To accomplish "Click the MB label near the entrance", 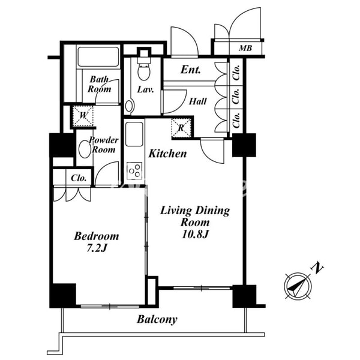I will pos(245,48).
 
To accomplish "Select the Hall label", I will pos(197,102).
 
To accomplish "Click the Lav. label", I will pos(145,90).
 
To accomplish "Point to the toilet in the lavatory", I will pos(144,70).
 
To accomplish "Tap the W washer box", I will pos(83,115).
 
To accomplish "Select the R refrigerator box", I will pos(181,127).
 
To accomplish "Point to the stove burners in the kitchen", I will pos(134,170).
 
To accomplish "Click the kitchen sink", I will pos(134,132).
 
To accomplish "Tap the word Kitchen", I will pos(167,154).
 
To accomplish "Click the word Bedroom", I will pos(96,236).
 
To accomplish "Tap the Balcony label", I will pos(157,319).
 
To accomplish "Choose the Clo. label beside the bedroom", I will pos(79,178).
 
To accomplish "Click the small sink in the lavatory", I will pos(129,106).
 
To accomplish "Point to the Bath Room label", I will pos(100,84).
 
